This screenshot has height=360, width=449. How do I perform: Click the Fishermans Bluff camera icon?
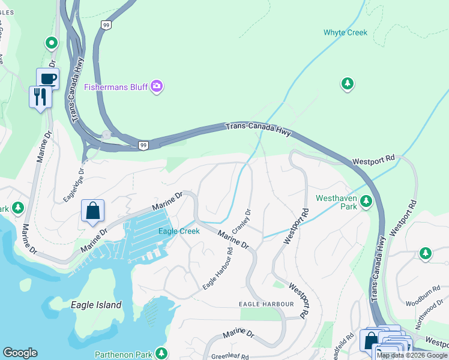(157, 87)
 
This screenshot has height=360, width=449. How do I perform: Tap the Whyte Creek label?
(345, 32)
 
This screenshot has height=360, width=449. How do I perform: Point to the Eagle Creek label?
(178, 231)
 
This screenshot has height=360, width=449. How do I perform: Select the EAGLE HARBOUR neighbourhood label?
(267, 304)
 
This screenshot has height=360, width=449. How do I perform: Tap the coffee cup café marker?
(47, 79)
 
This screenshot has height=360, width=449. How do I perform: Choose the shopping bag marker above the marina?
(92, 211)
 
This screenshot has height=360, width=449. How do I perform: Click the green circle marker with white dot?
(52, 43)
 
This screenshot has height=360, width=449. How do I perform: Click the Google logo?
(20, 353)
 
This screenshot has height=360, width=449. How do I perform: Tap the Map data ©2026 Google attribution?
(412, 355)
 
